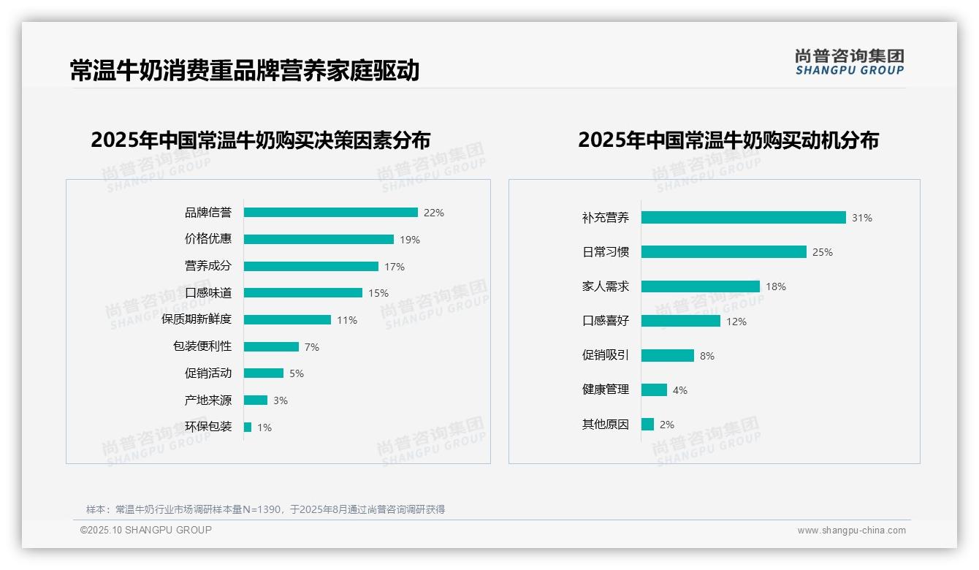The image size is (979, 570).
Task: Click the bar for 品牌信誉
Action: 330,213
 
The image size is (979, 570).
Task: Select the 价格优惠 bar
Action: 319,239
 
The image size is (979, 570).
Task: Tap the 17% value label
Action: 395,267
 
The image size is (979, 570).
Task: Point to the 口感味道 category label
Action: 208,292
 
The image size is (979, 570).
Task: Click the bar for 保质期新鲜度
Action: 287,319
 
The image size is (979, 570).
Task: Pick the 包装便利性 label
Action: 202,346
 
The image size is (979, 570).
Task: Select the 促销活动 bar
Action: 264,373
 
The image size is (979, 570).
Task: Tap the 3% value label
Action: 281,400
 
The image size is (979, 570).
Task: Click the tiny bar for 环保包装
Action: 248,427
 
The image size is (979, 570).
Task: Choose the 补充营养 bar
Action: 743,217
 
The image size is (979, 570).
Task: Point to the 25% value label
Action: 823,252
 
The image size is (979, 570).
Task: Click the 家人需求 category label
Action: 606,286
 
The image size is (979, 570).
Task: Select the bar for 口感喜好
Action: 681,321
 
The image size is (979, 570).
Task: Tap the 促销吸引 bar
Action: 668,355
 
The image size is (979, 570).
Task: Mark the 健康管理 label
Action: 606,389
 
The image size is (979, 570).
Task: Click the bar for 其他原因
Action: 647,424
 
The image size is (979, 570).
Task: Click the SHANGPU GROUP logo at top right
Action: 850,62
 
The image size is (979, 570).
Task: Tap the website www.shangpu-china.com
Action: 851,531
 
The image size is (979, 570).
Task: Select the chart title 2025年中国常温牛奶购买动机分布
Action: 728,140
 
